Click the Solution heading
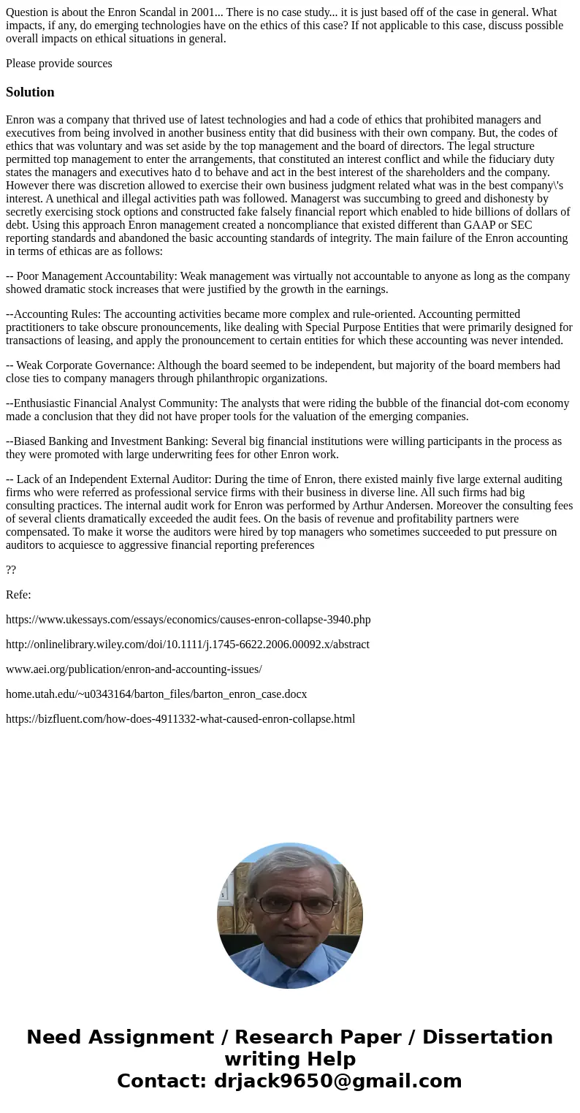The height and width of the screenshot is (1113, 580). click(x=30, y=92)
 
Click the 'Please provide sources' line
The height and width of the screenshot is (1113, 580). click(x=59, y=64)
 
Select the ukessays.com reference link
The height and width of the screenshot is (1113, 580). click(x=188, y=620)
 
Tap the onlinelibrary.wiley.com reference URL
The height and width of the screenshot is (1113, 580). click(x=187, y=645)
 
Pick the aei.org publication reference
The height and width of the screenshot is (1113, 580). click(x=134, y=669)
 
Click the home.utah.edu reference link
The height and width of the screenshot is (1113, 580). click(x=156, y=694)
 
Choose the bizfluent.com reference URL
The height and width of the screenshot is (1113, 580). click(x=180, y=719)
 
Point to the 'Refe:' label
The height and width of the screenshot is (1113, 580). click(x=18, y=595)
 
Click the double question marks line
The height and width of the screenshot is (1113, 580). click(x=11, y=570)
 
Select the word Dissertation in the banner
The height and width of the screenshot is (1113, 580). click(x=487, y=1038)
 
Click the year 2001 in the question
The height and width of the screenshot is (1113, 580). click(x=203, y=12)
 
